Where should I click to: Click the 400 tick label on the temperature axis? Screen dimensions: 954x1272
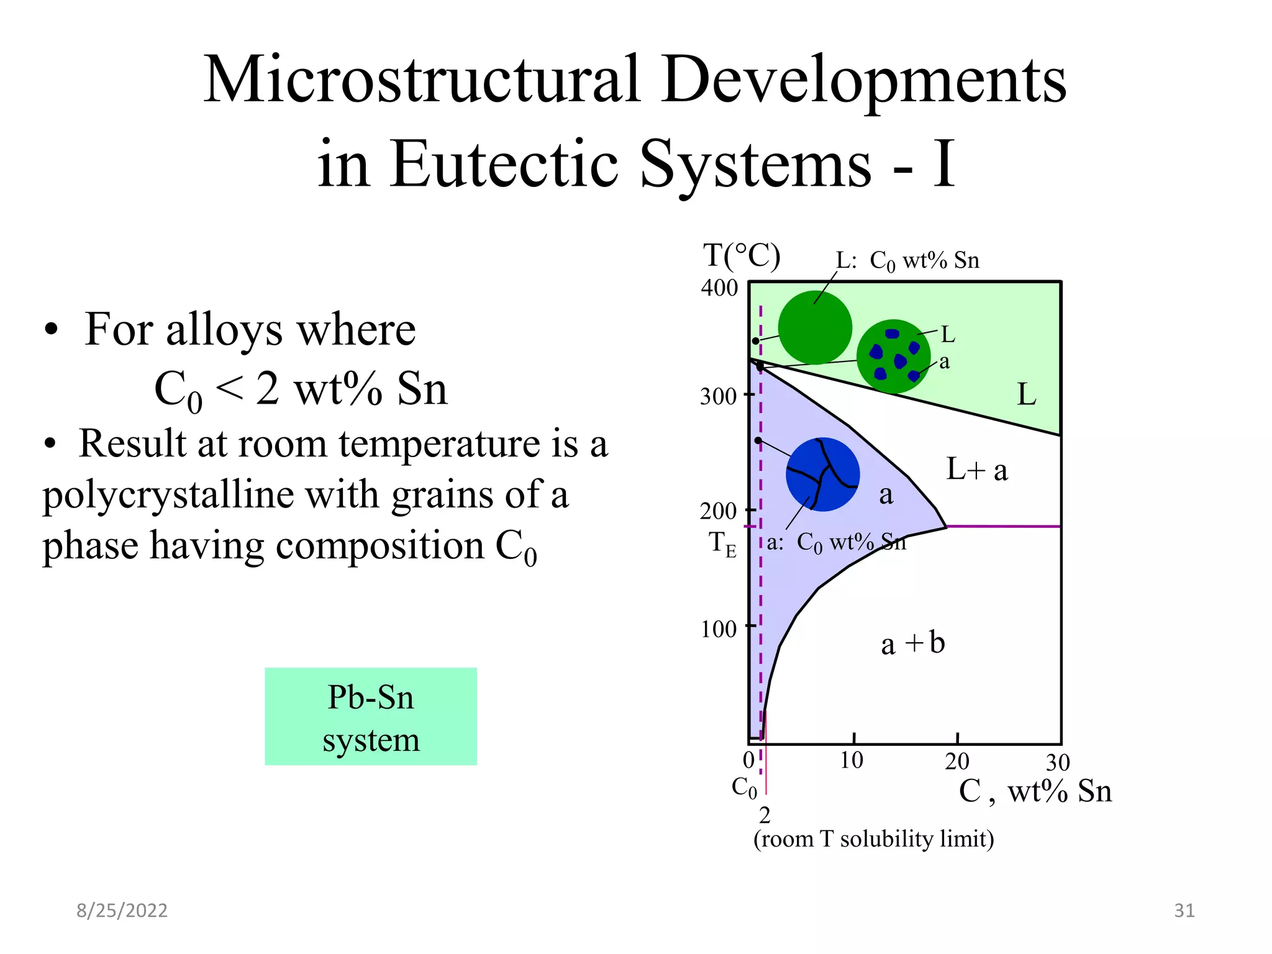pos(719,288)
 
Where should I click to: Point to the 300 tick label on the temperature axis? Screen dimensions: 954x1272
pos(718,396)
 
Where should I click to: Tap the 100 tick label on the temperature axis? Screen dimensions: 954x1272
pos(719,629)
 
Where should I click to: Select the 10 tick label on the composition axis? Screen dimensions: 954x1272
pos(852,760)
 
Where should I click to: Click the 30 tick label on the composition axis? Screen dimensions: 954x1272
pos(1058,762)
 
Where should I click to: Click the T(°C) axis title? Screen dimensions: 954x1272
pos(742,255)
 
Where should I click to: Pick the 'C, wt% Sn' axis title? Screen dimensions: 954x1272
pos(1035,791)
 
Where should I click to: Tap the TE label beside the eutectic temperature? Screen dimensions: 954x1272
pos(722,543)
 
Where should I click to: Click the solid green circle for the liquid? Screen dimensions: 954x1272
pos(814,327)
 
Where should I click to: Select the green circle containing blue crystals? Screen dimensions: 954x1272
pos(893,357)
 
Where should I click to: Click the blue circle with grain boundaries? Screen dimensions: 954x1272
pos(822,475)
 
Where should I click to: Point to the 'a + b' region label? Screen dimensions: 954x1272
pos(912,643)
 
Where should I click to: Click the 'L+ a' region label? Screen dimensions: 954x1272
pos(976,470)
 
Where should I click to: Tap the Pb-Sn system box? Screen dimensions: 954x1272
pos(371,717)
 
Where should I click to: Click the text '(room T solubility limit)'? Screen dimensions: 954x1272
pos(873,839)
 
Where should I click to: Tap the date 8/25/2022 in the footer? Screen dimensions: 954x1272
pos(122,911)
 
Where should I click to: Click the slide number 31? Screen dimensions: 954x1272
pos(1184,911)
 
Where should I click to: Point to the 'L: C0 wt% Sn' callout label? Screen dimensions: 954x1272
pos(907,261)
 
